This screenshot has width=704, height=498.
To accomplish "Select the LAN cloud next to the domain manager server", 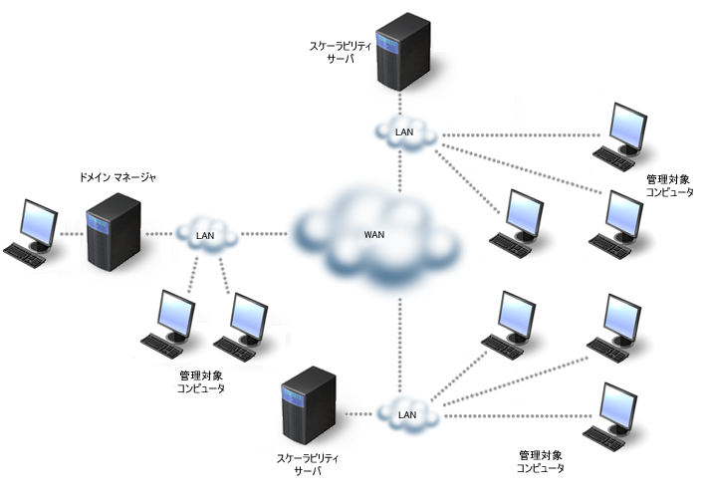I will [206, 235].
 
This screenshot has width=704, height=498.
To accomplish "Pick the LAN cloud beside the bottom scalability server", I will [406, 413].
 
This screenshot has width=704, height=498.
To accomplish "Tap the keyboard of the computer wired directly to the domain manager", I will [24, 254].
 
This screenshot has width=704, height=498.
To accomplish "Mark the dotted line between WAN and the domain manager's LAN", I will [264, 235].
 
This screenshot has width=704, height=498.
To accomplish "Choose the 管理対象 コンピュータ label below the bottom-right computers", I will [541, 460].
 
